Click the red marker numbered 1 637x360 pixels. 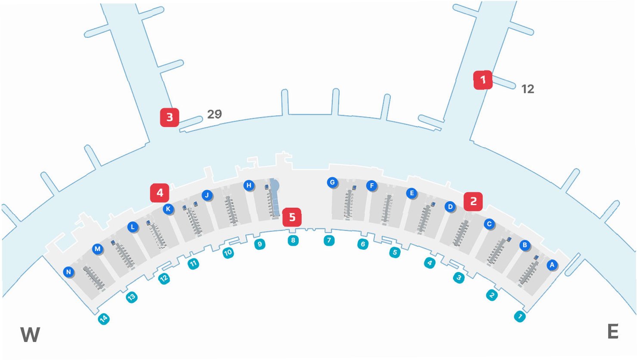[x=483, y=80]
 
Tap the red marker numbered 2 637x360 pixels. [x=473, y=201]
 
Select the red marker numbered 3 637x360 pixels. [x=170, y=117]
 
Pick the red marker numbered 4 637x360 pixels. [x=160, y=193]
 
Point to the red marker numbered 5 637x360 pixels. [x=292, y=217]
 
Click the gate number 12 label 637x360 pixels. [x=528, y=89]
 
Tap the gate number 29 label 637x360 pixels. [x=214, y=114]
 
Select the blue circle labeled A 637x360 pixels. [x=552, y=265]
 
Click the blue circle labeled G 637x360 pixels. [x=332, y=182]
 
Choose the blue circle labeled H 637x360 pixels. [x=249, y=185]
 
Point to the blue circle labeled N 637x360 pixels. [x=68, y=272]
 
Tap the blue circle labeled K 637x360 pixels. [x=168, y=209]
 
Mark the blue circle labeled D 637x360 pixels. [x=450, y=207]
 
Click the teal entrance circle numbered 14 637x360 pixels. [x=104, y=319]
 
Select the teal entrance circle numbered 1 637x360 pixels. [x=520, y=317]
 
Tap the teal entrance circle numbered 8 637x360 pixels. [x=293, y=240]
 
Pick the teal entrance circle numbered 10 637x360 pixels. [x=228, y=252]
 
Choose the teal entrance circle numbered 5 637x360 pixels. [x=395, y=252]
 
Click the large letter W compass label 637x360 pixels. [x=30, y=335]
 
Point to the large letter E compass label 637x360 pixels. [x=613, y=332]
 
